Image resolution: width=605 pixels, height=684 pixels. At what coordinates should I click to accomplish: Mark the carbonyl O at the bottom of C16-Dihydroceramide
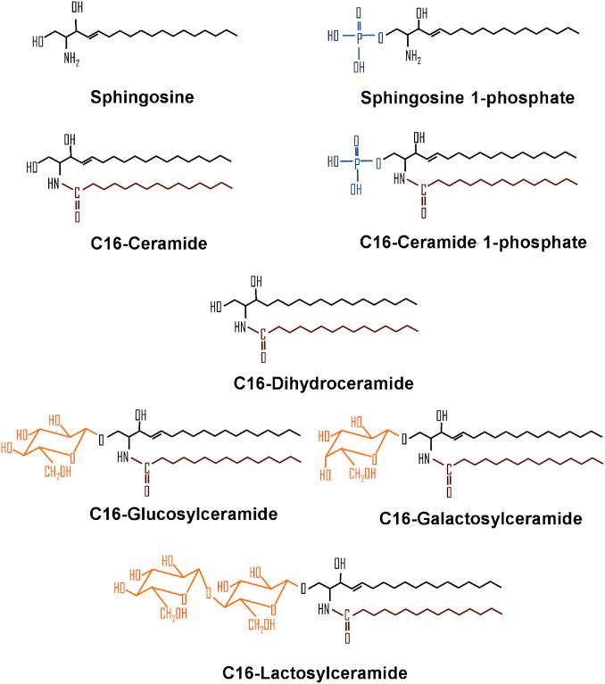(263, 359)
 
